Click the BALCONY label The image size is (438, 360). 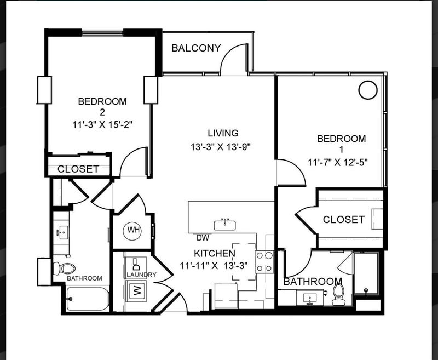pos(196,48)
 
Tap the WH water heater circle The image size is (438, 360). pos(132,230)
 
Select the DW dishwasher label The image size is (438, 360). pos(203,238)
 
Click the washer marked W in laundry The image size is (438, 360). pos(136,290)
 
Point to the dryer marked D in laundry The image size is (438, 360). pos(136,264)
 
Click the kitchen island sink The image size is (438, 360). pos(225,225)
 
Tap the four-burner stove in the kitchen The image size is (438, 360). pos(264,262)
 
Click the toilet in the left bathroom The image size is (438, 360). pos(64,268)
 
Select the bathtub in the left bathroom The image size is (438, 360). pos(88,299)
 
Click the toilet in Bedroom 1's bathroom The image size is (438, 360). pos(338,295)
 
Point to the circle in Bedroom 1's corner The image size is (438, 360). pos(368,90)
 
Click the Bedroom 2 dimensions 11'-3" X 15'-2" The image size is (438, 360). pos(102,124)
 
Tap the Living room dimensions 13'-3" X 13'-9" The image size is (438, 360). pos(221,146)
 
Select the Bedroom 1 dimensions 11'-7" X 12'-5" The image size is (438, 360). pos(337,162)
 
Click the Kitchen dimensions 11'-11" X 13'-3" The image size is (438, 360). pos(214,265)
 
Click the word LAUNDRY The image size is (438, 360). pos(141,275)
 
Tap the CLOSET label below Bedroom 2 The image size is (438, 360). pos(78,169)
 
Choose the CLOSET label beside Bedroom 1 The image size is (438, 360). pos(344,219)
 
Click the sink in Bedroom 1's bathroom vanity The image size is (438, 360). pos(309,299)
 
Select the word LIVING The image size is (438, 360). pos(223,133)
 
